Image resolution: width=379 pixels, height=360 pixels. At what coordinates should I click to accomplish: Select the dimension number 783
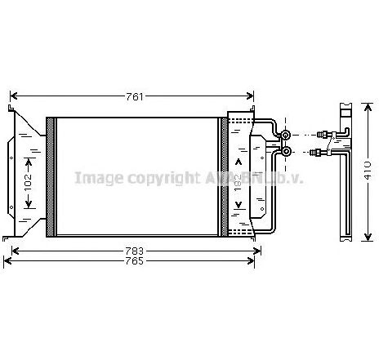pos(135,250)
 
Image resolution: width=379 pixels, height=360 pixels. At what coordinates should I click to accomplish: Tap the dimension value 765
pos(135,261)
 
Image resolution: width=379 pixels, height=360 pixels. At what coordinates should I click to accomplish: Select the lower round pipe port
pos(287,151)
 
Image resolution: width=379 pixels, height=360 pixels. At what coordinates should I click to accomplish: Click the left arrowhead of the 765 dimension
pos(8,261)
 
